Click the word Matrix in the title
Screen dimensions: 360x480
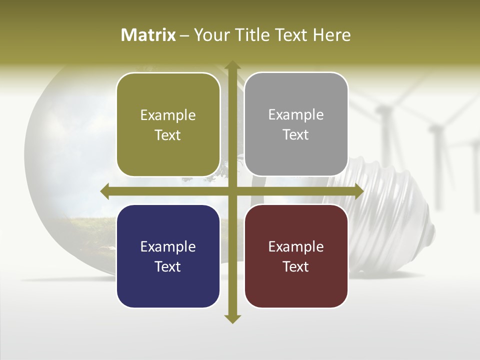[148, 35]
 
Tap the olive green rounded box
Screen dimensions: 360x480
[168, 124]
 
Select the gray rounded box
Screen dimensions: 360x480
[296, 124]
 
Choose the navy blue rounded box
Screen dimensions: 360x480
[168, 256]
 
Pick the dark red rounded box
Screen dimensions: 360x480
[296, 256]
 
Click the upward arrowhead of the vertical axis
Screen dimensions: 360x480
[232, 65]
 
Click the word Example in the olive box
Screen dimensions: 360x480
[168, 115]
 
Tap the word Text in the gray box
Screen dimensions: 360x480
[296, 135]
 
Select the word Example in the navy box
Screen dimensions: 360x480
[168, 247]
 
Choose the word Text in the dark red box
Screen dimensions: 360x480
[296, 266]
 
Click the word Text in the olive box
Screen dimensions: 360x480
[168, 135]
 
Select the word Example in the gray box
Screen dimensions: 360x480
[296, 115]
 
